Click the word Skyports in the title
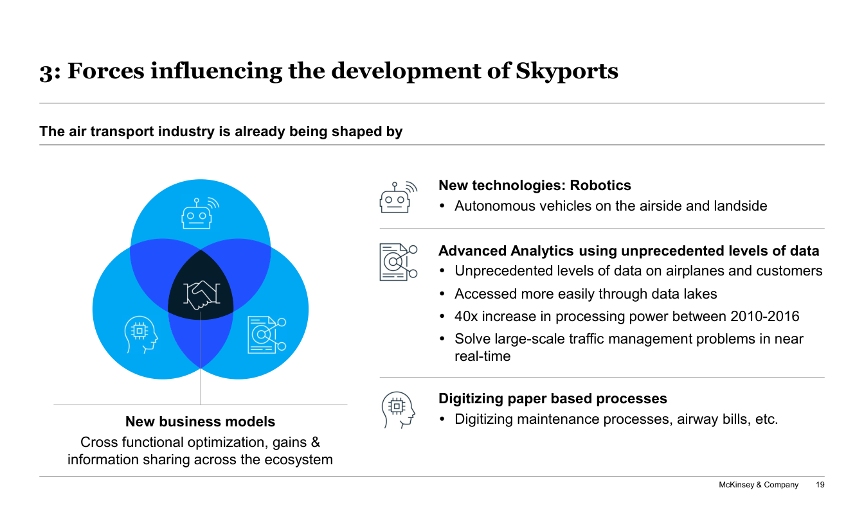[x=567, y=71]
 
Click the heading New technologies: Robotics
[x=534, y=186]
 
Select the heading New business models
[x=200, y=422]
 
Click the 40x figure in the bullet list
[x=465, y=317]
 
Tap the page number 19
[x=820, y=485]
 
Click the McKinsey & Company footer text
[x=758, y=485]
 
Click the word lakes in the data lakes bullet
[x=699, y=294]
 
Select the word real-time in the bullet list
[x=482, y=356]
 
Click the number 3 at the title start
[x=45, y=72]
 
